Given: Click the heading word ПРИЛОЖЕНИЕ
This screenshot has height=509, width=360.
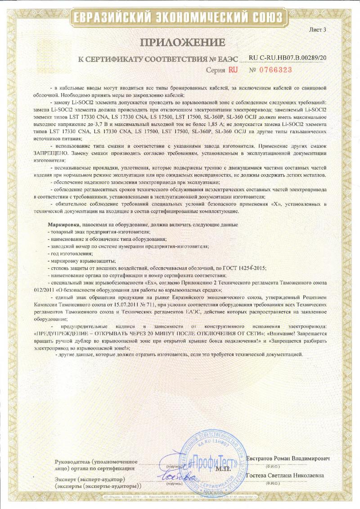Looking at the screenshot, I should coord(183,43).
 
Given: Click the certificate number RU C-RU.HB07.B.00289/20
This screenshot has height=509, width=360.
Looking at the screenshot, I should coord(288,58).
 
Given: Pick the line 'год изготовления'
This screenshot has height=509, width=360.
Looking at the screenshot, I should coord(68,253).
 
